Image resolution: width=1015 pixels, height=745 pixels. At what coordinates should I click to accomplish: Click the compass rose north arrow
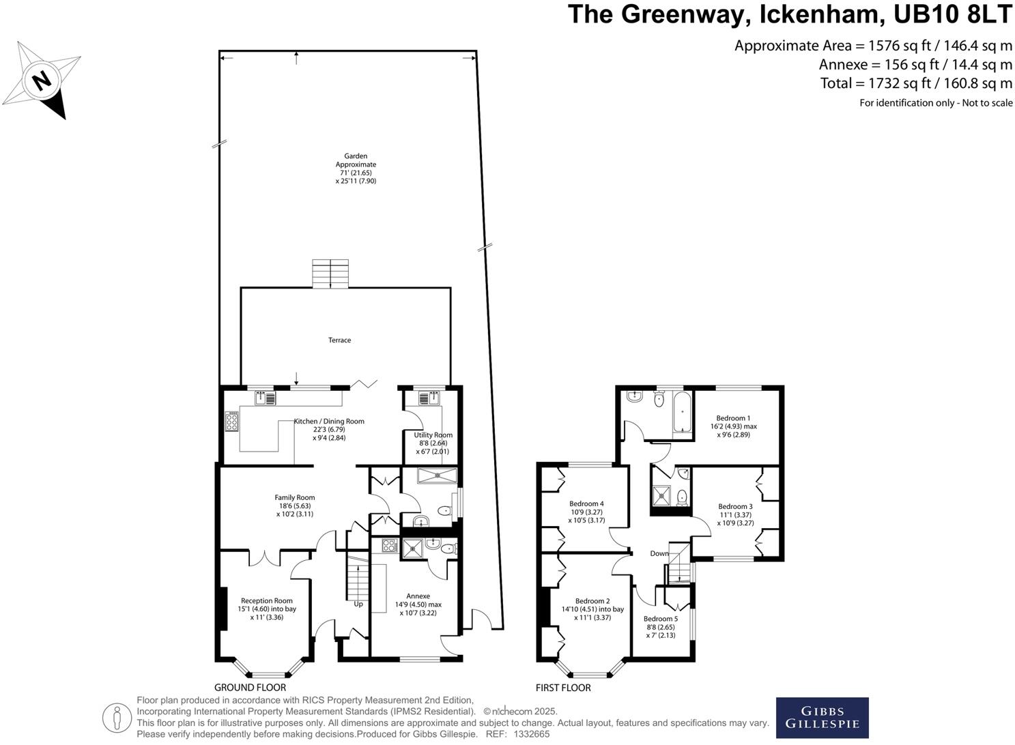[42, 81]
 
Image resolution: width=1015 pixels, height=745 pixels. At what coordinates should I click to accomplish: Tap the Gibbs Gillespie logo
[822, 718]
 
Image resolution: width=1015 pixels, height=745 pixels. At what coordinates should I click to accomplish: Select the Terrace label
[339, 340]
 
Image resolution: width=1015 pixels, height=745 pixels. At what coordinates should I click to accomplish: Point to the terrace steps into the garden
[330, 274]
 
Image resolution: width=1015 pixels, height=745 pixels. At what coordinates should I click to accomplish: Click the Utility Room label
[433, 435]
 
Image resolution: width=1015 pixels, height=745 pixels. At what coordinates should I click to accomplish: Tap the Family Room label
[294, 497]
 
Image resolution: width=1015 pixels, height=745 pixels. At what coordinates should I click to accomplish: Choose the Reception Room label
[266, 601]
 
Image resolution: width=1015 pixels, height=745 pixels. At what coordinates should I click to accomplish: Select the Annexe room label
[418, 596]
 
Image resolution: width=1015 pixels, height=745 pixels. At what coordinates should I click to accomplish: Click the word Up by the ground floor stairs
[358, 604]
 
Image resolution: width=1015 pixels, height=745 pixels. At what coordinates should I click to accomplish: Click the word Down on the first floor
[659, 553]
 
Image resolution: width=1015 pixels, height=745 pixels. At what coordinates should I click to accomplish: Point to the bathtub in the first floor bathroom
[682, 413]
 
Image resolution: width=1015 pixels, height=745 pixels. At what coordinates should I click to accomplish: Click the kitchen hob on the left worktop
[231, 422]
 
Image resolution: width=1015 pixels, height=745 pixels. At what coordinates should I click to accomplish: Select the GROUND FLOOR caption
[250, 688]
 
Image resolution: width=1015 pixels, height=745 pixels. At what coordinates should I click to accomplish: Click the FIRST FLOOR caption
[563, 688]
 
